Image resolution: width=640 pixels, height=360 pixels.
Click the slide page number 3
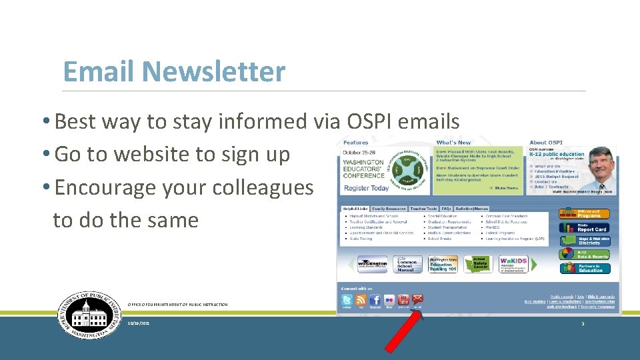click(582, 323)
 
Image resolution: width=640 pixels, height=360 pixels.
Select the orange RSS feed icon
click(361, 300)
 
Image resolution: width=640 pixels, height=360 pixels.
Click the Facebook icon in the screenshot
click(375, 300)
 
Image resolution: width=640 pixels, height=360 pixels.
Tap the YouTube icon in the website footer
click(403, 300)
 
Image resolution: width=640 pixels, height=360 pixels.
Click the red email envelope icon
click(417, 299)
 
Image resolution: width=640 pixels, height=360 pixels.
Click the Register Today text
click(366, 189)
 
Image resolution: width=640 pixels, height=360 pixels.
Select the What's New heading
click(453, 143)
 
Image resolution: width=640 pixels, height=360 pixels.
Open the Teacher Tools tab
click(423, 209)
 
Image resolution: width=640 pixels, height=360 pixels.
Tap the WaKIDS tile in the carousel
click(513, 263)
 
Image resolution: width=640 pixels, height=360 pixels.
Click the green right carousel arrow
click(533, 265)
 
